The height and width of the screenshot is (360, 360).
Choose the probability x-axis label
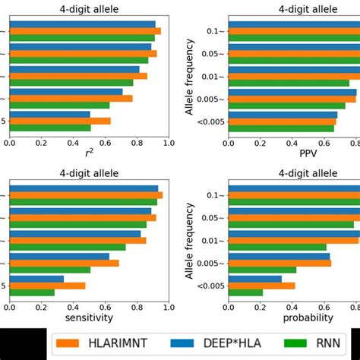point(308,317)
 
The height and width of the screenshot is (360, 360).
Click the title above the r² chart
point(89,9)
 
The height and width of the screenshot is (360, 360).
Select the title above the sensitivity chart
point(89,173)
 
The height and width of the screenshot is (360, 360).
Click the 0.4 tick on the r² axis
point(74,141)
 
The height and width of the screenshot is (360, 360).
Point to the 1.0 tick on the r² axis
point(168,141)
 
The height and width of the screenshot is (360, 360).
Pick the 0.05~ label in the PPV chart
point(213,54)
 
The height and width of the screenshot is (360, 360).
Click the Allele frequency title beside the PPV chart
point(190,76)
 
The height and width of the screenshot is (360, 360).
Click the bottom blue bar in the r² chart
point(50,114)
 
